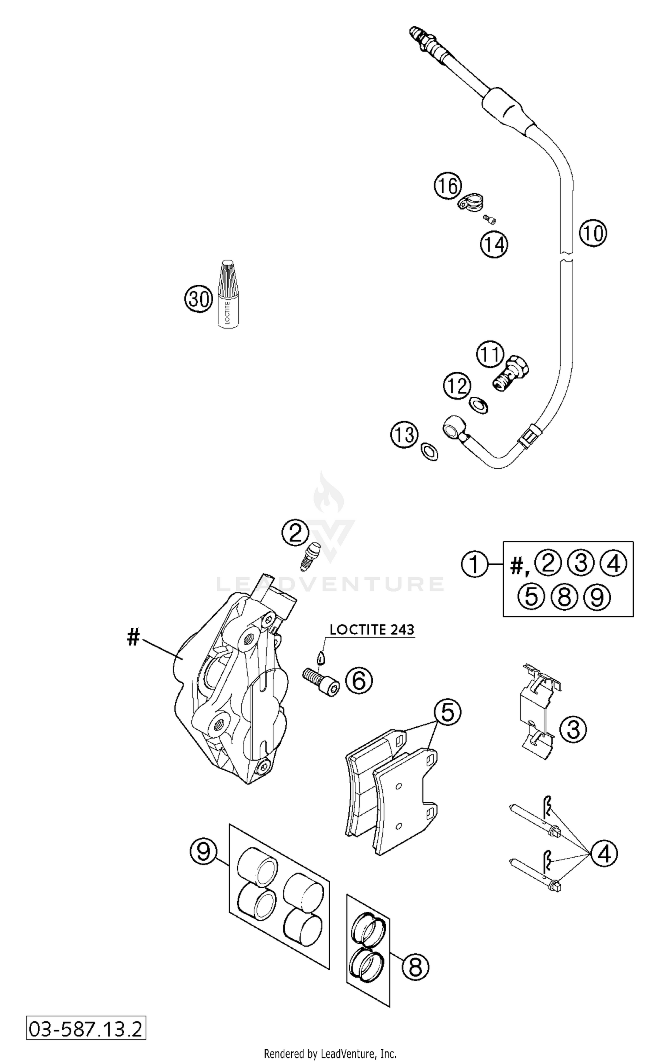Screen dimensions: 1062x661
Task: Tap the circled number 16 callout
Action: tap(448, 186)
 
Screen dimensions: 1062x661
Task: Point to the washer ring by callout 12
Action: tap(479, 404)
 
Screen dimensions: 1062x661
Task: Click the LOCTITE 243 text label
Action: tap(372, 630)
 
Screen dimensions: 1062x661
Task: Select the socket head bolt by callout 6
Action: tap(321, 682)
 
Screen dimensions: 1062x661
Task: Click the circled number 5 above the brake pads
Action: tap(447, 713)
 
